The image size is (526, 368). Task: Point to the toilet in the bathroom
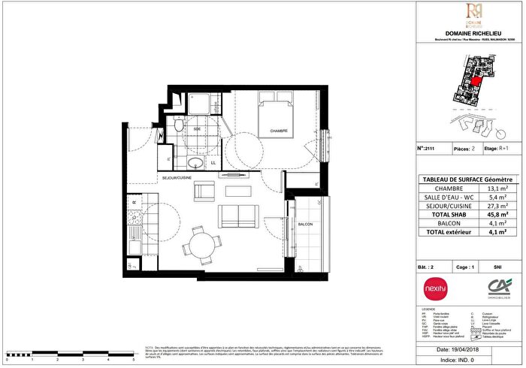point(177,128)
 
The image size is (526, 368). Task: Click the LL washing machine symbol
point(213,163)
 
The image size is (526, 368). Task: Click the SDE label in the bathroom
point(198,129)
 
